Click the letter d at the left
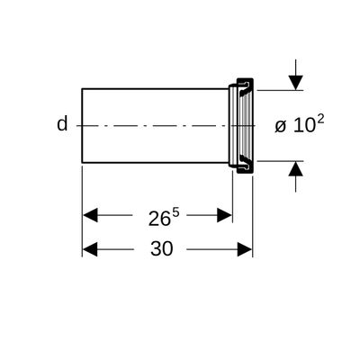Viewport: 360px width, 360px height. coord(62,124)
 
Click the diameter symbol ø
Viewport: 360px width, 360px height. coord(280,127)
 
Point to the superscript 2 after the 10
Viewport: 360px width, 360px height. coord(320,121)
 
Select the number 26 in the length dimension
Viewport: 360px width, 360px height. coord(159,219)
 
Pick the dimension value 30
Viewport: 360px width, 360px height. coord(162,248)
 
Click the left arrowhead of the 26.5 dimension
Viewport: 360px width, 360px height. coord(90,215)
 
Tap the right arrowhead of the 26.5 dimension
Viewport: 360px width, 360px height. coord(224,215)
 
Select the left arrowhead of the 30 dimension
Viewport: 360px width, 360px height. coord(90,249)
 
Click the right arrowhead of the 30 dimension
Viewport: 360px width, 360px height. coord(245,249)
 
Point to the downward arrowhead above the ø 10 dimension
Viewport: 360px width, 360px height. coord(296,83)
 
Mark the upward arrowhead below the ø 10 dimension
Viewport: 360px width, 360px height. coord(296,168)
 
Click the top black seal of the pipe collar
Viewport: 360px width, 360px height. coord(246,89)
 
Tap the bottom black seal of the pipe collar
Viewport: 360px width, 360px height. coord(246,162)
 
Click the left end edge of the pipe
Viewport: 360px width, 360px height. coord(82,126)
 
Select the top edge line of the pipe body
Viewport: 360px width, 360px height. coord(155,89)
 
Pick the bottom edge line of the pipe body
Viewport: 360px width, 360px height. coord(155,163)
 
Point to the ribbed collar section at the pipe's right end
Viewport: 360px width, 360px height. coord(241,126)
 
